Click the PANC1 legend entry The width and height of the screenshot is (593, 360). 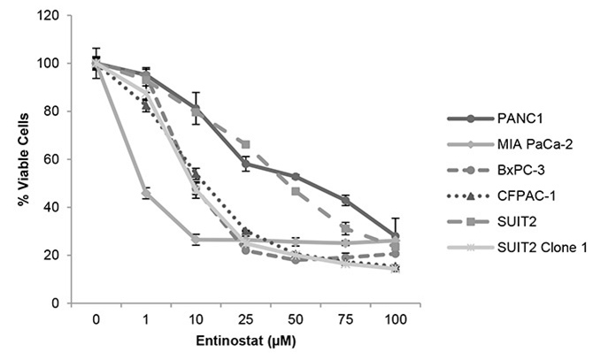click(513, 119)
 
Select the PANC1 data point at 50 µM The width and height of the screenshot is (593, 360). click(296, 176)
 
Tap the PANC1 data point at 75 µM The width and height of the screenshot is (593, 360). click(345, 200)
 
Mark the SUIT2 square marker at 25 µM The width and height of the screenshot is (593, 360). click(246, 144)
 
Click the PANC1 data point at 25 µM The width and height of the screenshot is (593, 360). click(246, 164)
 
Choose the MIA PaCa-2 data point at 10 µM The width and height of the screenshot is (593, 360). click(196, 239)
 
